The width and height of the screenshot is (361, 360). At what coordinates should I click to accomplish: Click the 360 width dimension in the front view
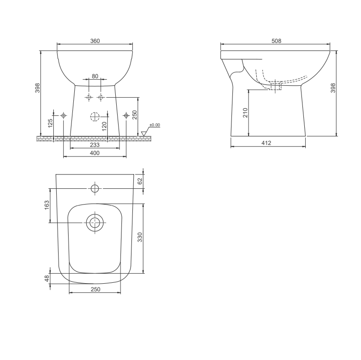95,41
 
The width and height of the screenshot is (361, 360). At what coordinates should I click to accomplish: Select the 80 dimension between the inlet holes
95,76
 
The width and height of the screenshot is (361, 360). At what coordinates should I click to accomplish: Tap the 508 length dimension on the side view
276,41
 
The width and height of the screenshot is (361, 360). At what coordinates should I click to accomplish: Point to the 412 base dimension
267,143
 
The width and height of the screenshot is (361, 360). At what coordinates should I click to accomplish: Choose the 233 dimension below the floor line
94,145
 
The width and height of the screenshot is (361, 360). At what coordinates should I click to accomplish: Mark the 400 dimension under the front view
94,153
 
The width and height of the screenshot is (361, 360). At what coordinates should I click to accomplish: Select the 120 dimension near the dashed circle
104,126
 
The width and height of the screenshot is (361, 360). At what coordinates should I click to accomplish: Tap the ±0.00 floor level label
154,125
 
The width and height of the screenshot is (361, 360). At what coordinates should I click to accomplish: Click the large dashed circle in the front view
95,116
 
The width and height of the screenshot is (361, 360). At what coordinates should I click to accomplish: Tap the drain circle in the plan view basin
94,222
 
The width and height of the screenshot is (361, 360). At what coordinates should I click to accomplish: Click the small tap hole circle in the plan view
95,188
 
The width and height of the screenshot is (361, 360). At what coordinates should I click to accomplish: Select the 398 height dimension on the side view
333,88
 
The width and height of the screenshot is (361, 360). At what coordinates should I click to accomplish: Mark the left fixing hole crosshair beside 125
63,115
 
